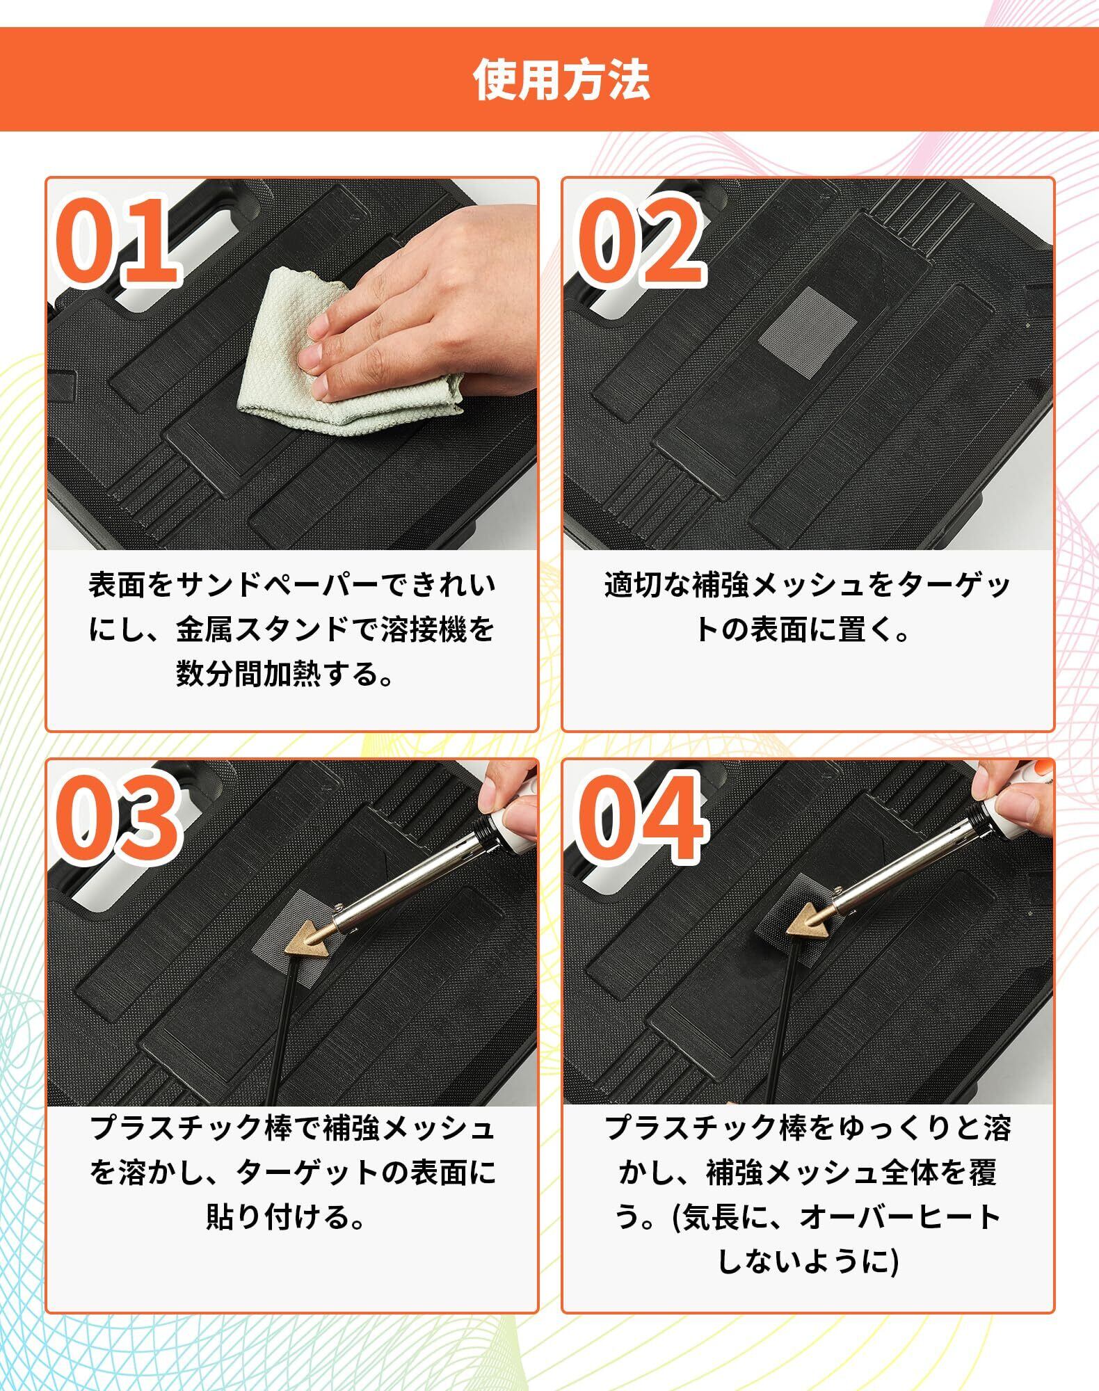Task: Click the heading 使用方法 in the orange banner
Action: (x=561, y=79)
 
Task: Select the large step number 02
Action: (x=638, y=241)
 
